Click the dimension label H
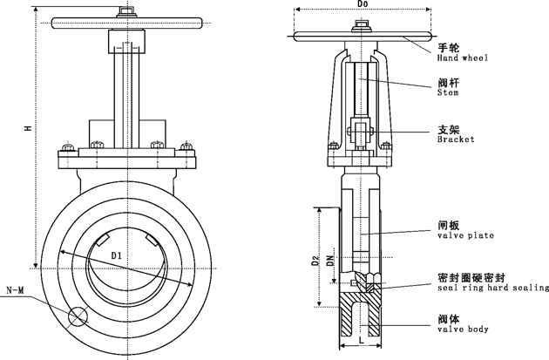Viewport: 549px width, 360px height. [x=28, y=128]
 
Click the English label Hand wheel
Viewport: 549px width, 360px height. [x=462, y=58]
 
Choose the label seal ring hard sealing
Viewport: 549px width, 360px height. [x=492, y=288]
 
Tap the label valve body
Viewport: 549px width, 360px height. [x=463, y=329]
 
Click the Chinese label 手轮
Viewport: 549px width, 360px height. [x=450, y=47]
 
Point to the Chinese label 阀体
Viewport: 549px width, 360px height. [x=450, y=318]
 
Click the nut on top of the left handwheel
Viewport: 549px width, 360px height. [x=127, y=12]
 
